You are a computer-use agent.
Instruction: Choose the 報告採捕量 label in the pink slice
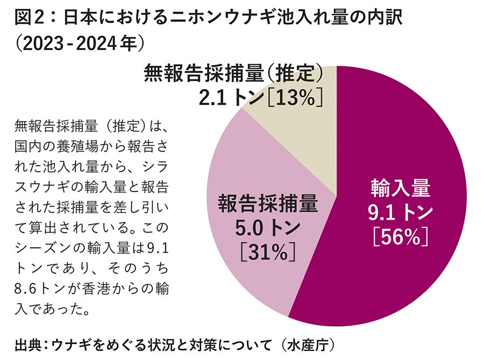pos(268,205)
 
